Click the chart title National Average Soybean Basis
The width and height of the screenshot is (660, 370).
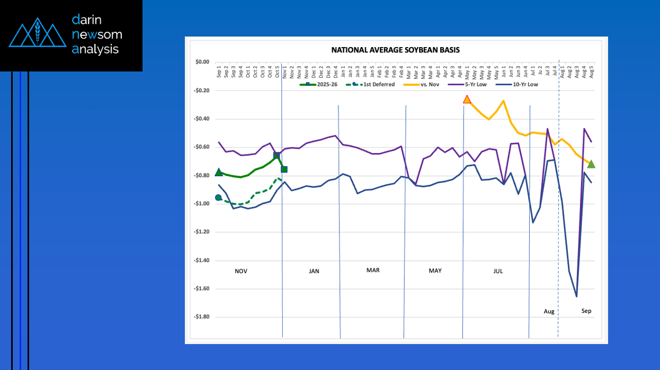395,50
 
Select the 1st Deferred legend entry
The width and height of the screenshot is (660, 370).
375,84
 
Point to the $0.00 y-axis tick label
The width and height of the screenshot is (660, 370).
202,62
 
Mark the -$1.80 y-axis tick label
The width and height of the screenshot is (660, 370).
201,317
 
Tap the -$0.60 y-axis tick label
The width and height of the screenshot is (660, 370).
201,147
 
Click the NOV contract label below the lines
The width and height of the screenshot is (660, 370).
241,271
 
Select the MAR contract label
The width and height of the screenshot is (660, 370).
373,270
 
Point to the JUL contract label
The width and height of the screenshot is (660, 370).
498,271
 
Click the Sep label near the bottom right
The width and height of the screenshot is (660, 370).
586,311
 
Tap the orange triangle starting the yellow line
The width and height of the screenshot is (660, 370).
467,99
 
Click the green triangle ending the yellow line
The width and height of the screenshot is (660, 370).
591,164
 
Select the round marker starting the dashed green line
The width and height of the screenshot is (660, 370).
218,197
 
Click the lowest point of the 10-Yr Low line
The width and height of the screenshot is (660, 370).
576,296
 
